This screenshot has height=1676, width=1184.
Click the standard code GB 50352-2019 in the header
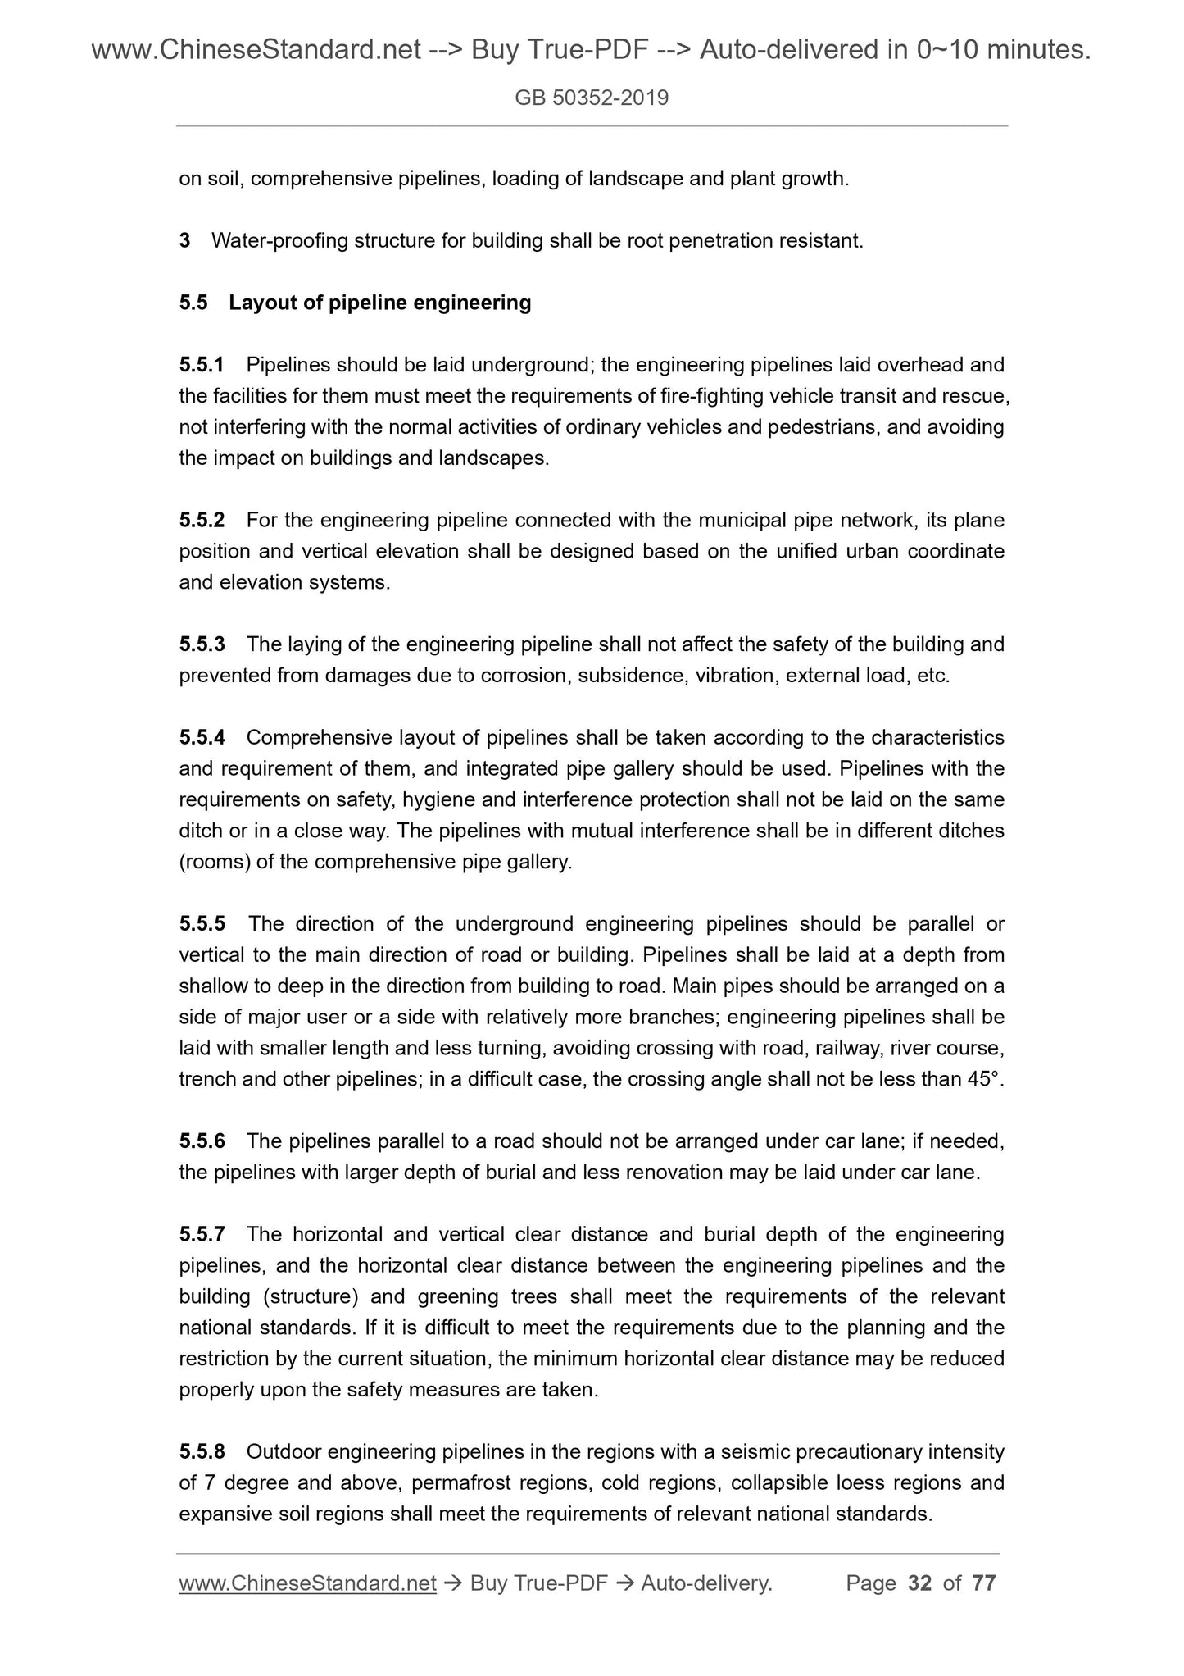tap(592, 98)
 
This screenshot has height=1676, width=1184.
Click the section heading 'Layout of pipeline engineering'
tap(379, 303)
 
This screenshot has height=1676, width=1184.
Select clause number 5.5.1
tap(202, 364)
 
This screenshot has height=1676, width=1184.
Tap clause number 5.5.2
tap(202, 520)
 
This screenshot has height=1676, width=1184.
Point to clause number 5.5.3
tap(202, 644)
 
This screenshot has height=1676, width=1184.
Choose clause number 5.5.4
tap(202, 738)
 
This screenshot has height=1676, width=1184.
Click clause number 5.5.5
tap(202, 924)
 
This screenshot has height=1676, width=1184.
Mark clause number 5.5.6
tap(202, 1141)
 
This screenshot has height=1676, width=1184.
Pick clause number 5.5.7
tap(202, 1234)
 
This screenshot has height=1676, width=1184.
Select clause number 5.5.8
tap(202, 1452)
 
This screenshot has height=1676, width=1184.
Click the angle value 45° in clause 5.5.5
tap(984, 1079)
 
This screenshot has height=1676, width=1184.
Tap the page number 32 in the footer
tap(920, 1583)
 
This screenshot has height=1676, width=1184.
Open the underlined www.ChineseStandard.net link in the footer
tap(307, 1583)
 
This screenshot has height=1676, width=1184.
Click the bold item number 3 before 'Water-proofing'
tap(184, 241)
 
